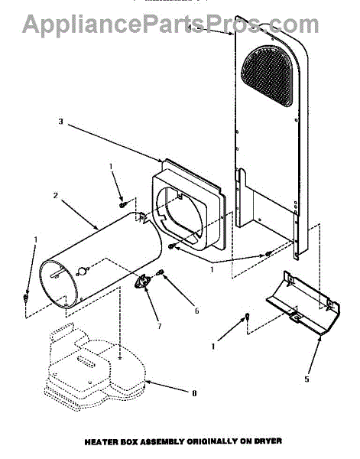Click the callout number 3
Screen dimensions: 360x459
[x=60, y=121]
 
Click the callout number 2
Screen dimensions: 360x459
[x=56, y=195]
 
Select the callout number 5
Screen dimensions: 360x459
[x=306, y=379]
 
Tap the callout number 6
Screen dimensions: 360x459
[x=197, y=311]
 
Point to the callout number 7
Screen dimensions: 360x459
[x=160, y=326]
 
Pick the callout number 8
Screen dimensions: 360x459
[x=194, y=393]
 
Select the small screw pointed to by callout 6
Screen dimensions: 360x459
[x=160, y=273]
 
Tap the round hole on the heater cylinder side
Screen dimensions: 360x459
[x=83, y=271]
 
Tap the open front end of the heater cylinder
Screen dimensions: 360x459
[x=58, y=283]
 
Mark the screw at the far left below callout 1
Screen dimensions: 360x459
[x=26, y=298]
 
